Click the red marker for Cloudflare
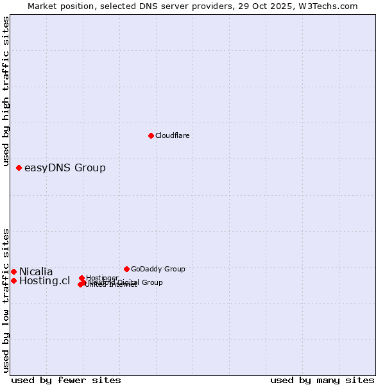tap(151, 135)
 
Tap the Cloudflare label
tap(172, 135)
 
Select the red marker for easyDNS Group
tap(19, 167)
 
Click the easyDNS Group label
tap(65, 168)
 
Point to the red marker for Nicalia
tap(13, 271)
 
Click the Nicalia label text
tap(36, 271)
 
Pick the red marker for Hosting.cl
tap(13, 280)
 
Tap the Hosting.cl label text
tap(44, 280)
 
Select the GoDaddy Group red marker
tap(126, 269)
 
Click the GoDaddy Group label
tap(158, 269)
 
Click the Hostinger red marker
tap(81, 278)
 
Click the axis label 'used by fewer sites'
tap(66, 380)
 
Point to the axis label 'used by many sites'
tap(322, 380)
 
